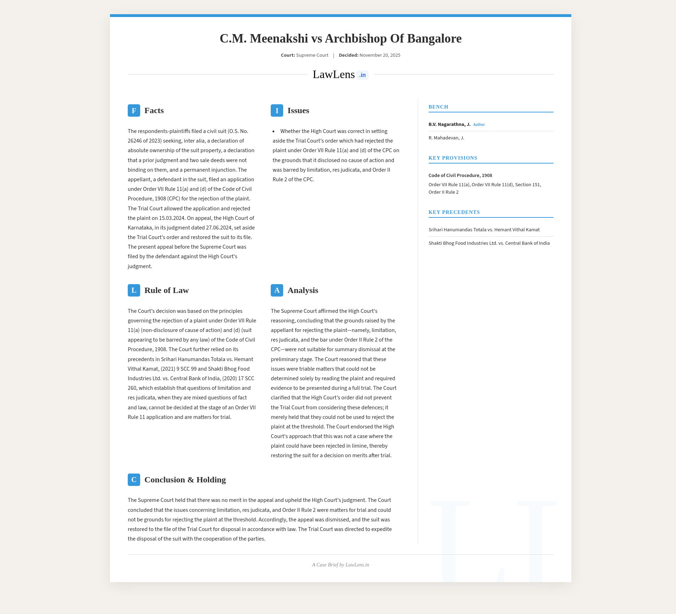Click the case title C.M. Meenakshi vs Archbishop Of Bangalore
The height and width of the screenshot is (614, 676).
[x=340, y=38]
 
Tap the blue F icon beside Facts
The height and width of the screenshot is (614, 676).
[x=134, y=111]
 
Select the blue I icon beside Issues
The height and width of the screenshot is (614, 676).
[x=277, y=111]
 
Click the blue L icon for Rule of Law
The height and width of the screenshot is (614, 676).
[x=134, y=291]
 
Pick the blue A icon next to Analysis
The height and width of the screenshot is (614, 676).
[x=277, y=291]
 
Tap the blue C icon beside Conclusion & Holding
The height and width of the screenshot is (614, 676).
[x=134, y=480]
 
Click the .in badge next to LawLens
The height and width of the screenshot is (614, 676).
[x=362, y=75]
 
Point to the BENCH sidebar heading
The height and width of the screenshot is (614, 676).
[x=438, y=107]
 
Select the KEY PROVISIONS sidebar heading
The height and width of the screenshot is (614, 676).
[x=453, y=158]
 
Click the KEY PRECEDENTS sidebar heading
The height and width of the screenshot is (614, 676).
[x=454, y=212]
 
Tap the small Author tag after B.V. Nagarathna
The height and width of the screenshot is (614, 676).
[x=479, y=125]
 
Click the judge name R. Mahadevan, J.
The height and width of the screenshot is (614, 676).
[x=446, y=138]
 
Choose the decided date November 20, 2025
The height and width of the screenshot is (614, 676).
[x=380, y=55]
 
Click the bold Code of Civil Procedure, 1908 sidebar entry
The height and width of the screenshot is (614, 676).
[x=460, y=176]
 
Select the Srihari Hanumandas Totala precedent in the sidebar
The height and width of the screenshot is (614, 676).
[x=484, y=230]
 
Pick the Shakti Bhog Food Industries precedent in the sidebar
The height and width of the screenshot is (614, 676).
[x=489, y=243]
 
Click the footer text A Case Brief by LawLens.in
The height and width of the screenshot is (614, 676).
[x=340, y=565]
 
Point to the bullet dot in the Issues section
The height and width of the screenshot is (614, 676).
[x=274, y=132]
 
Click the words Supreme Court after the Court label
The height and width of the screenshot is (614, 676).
[x=312, y=55]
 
